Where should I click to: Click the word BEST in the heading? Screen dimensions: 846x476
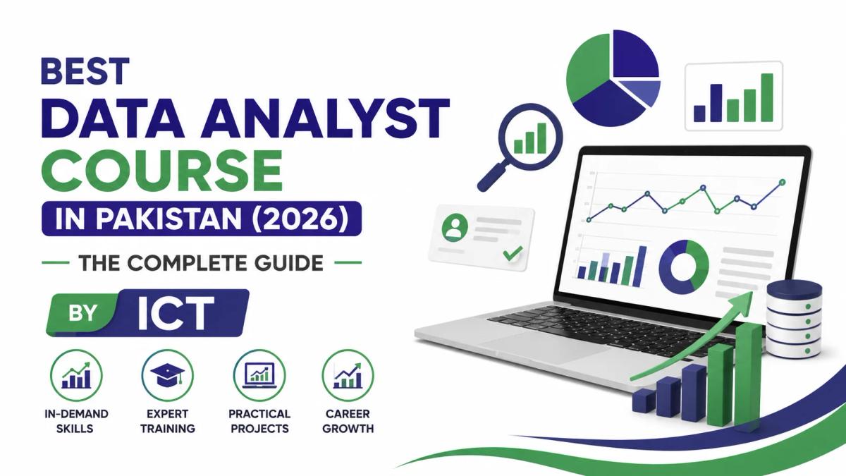click(85, 71)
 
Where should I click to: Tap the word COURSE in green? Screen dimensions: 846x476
click(164, 171)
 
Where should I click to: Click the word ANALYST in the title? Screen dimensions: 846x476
click(325, 118)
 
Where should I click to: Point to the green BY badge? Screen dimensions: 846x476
click(82, 313)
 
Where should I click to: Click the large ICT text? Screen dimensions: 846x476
click(176, 313)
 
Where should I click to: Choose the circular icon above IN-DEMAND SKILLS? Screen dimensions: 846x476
click(76, 375)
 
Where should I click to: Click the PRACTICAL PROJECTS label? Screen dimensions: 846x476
click(259, 421)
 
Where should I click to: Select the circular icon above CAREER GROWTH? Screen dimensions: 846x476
click(348, 375)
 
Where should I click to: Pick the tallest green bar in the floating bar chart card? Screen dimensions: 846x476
click(767, 97)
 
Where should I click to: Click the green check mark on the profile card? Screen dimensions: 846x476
click(513, 253)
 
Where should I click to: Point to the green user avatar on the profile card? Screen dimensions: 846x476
click(455, 227)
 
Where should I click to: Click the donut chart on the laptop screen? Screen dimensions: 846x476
click(684, 267)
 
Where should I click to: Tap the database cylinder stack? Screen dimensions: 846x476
click(794, 319)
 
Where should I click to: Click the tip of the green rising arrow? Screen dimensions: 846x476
click(752, 293)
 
